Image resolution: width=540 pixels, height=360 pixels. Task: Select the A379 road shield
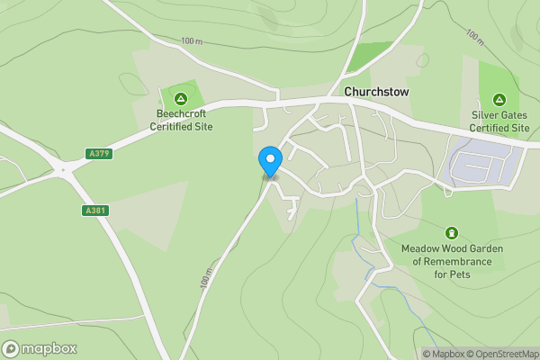pos(99,154)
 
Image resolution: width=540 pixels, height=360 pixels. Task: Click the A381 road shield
pos(94,211)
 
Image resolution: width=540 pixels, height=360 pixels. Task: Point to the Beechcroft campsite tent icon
pos(180,98)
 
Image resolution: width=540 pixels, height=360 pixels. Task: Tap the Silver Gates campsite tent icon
pos(499,99)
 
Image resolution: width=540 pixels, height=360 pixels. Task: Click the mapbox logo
pos(40,349)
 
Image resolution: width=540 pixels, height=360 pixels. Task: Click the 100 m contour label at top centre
pos(192,40)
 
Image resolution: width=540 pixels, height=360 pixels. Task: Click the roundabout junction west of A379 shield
pos(63,168)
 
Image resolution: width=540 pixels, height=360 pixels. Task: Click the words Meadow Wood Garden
pos(452,248)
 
